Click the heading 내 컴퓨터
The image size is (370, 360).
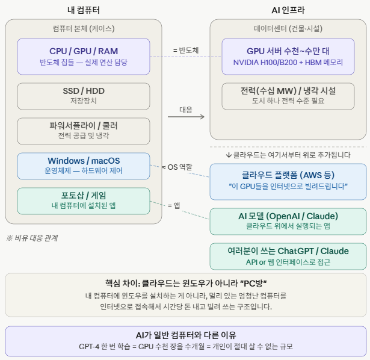[84, 10]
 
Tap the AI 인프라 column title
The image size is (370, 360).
[288, 10]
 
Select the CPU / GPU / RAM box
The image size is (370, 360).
[84, 57]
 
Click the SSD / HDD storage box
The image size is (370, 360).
[84, 96]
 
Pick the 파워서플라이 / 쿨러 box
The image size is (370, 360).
[84, 131]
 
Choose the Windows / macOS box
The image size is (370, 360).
[84, 166]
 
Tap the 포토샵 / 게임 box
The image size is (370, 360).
[84, 201]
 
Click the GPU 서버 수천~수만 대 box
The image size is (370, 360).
[288, 57]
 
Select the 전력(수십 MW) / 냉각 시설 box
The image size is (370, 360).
[288, 96]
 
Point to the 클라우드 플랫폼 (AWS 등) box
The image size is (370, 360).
[288, 182]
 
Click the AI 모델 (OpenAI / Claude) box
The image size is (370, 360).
[288, 222]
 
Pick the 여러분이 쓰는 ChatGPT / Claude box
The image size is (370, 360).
[288, 256]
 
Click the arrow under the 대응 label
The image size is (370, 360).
[186, 117]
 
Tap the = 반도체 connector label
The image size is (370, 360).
[186, 51]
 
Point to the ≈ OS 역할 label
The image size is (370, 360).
[177, 167]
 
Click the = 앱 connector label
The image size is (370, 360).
[174, 206]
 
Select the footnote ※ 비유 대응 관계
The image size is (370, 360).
[32, 238]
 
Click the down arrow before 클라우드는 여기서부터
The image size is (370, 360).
[229, 155]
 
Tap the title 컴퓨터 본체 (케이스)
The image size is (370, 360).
[84, 28]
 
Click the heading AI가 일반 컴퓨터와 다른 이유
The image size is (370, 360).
[186, 335]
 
